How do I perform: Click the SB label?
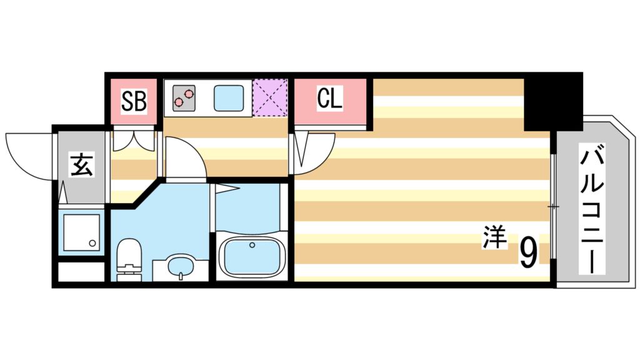(133, 101)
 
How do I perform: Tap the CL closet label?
(330, 99)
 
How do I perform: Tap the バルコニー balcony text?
(592, 209)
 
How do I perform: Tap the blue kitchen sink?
(231, 97)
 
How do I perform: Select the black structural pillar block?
(552, 101)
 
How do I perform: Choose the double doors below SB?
(133, 141)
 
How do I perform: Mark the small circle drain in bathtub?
(252, 245)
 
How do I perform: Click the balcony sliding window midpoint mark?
(553, 206)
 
